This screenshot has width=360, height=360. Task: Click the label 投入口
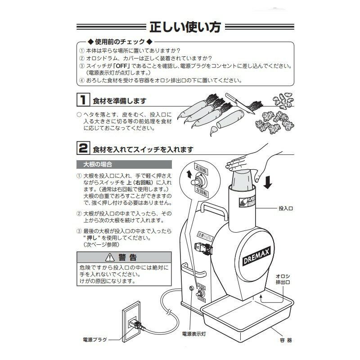[285, 209]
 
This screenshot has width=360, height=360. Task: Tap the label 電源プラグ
[94, 339]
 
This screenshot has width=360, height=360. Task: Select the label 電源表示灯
[193, 334]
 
